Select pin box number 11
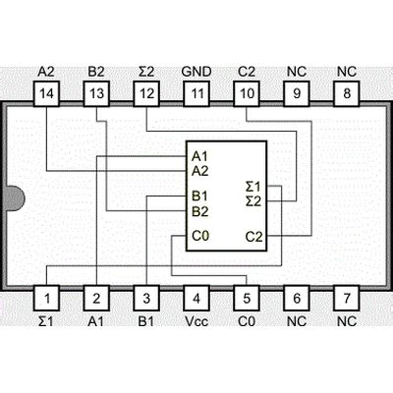[196, 93]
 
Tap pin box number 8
[346, 93]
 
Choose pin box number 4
[196, 298]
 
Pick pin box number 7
[346, 298]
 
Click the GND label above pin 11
[196, 72]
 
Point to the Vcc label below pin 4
[196, 320]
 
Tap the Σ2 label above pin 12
[145, 72]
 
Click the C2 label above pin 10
[247, 72]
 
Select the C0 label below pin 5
[247, 320]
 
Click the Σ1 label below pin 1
[45, 320]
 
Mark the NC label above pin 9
[296, 72]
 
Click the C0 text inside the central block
[200, 236]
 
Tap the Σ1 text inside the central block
[253, 185]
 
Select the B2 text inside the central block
[200, 210]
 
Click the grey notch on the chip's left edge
[8, 196]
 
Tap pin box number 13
[95, 93]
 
